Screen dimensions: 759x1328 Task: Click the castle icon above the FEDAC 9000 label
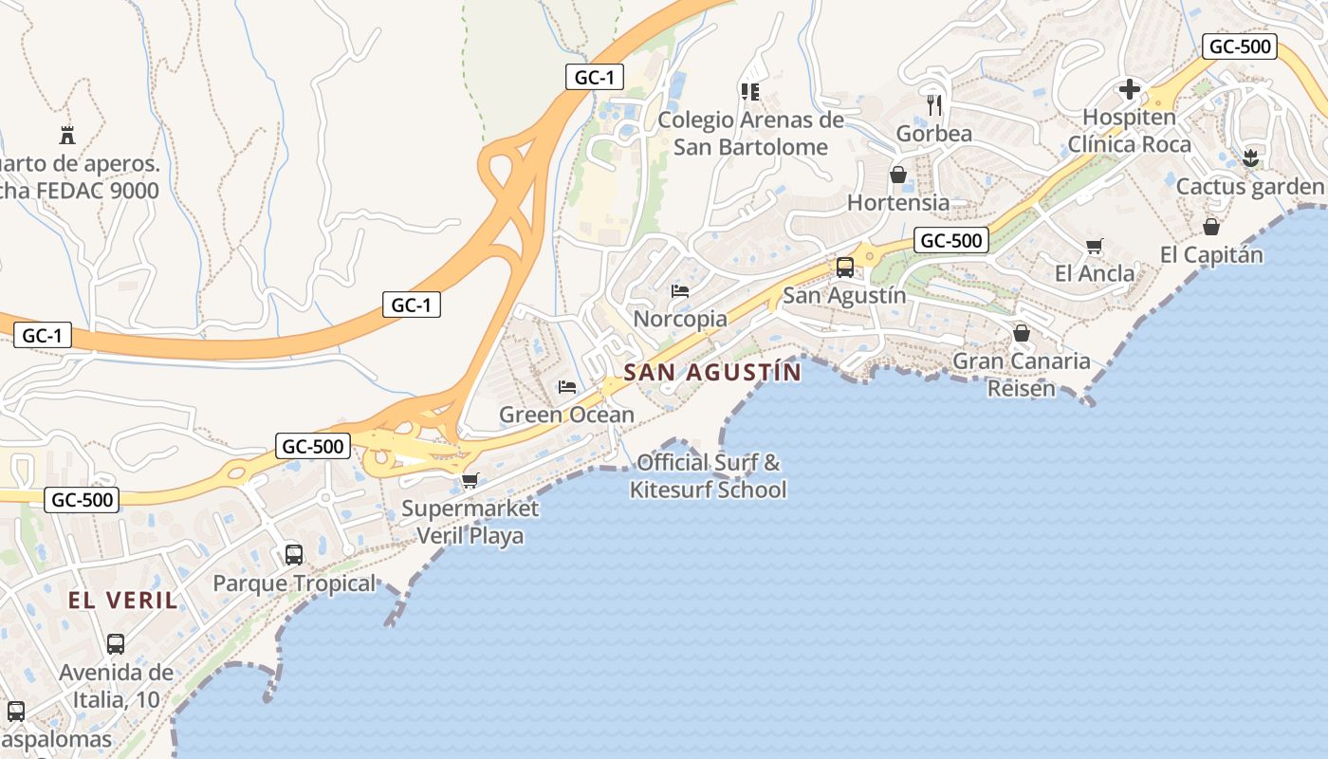click(66, 134)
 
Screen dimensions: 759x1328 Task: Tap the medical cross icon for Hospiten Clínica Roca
click(1129, 90)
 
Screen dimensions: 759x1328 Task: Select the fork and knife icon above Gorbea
click(934, 104)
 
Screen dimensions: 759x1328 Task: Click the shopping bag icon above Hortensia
click(897, 175)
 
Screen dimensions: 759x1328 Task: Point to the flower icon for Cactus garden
click(1250, 158)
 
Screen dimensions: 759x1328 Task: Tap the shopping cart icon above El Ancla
click(1094, 246)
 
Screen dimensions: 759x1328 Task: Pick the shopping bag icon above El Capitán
click(1211, 227)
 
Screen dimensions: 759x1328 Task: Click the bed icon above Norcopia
click(680, 290)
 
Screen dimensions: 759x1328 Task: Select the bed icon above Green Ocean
click(567, 386)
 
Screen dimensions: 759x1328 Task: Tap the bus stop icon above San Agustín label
click(844, 268)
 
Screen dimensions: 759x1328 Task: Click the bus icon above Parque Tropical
click(294, 554)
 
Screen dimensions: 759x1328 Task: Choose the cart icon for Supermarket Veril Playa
click(470, 480)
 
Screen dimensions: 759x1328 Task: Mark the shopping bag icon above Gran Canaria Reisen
click(1021, 333)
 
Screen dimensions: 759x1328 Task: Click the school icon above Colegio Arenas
click(749, 92)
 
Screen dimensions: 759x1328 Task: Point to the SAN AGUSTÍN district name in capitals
click(712, 373)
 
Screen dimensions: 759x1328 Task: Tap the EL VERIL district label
click(122, 601)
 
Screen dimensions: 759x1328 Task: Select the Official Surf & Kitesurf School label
click(709, 476)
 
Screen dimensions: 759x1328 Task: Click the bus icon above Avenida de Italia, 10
click(116, 644)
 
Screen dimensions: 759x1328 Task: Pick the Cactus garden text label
click(1249, 187)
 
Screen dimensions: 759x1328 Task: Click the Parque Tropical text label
click(294, 583)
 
